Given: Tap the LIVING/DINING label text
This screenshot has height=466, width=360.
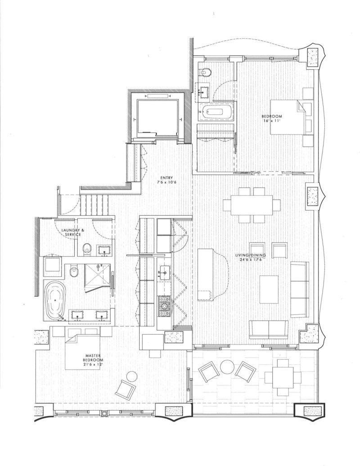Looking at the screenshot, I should [x=250, y=256].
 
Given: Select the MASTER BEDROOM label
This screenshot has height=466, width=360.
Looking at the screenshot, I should [x=93, y=358].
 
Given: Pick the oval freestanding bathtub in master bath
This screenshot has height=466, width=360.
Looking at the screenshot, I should [x=56, y=299].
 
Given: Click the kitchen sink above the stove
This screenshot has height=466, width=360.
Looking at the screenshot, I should [x=164, y=271].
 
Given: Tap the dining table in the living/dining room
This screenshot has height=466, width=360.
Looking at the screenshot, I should [x=252, y=205].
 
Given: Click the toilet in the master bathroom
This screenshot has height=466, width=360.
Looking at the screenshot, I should [x=74, y=271].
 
